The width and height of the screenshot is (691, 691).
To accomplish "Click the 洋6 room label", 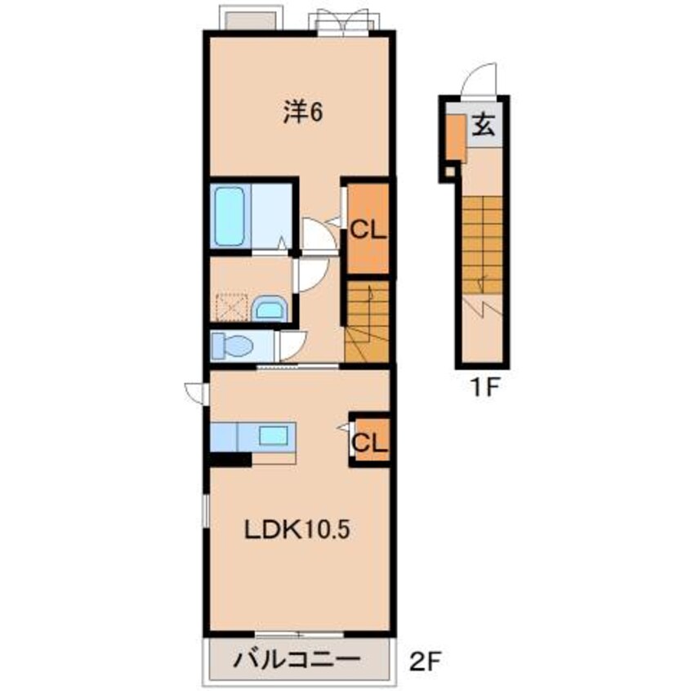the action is click(303, 113).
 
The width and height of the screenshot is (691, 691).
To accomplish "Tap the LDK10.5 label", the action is click(297, 529).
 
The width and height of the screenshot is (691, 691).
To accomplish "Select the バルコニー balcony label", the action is click(297, 660).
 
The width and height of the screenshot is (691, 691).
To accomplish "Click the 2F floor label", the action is click(426, 661).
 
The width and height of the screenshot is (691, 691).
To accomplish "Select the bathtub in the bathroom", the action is click(230, 216).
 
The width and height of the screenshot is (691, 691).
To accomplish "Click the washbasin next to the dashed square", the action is click(270, 309).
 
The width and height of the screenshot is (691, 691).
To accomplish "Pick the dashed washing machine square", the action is click(232, 307).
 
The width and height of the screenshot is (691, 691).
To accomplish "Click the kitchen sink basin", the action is click(274, 435).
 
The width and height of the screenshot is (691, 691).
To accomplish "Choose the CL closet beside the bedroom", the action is click(368, 228).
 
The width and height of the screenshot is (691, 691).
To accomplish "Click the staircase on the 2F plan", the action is click(367, 322).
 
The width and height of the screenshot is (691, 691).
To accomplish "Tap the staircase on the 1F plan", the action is click(482, 245).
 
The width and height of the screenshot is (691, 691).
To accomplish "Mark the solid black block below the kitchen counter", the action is click(230, 459).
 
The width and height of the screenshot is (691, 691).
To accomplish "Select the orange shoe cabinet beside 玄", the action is click(456, 138).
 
